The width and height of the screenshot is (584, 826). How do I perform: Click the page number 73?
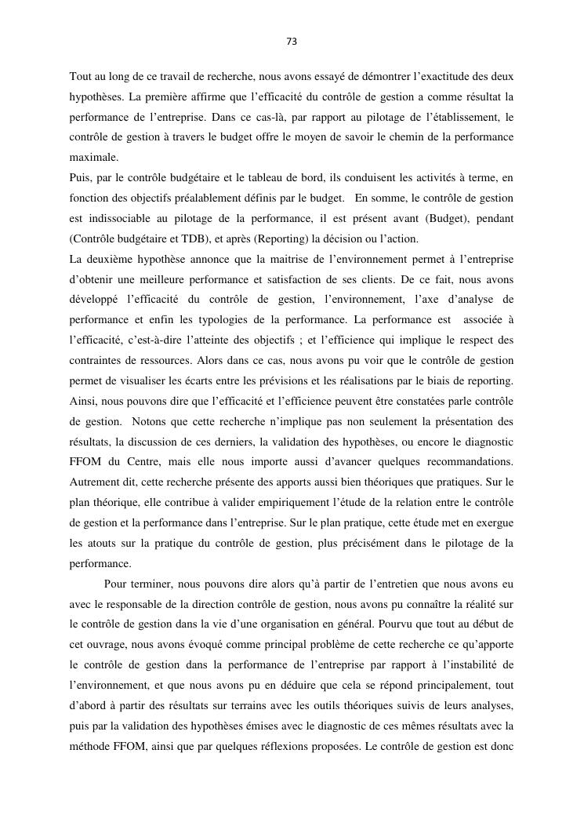click(292, 42)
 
